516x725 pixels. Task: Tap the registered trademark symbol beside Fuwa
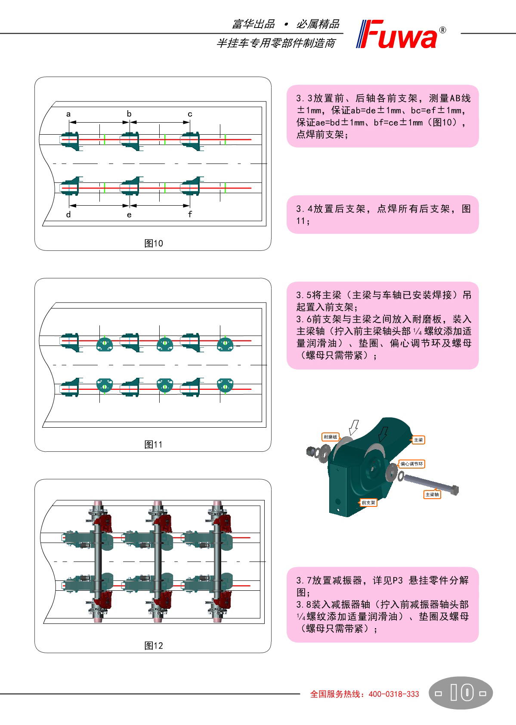point(442,30)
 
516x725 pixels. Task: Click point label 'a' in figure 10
point(68,114)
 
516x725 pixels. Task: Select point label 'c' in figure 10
point(190,114)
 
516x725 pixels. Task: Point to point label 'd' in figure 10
point(68,214)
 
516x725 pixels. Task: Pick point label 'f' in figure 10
point(190,214)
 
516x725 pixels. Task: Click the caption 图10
point(154,243)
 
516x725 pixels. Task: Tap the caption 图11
point(154,444)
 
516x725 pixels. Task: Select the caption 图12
point(154,646)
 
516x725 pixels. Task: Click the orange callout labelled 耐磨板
point(331,437)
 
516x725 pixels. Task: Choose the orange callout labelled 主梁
point(418,440)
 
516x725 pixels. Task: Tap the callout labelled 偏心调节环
point(411,464)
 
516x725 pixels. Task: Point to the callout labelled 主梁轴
point(432,494)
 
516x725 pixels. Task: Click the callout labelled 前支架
point(368,503)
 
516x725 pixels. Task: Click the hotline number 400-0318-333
point(394,694)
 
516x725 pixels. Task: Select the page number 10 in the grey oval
point(462,692)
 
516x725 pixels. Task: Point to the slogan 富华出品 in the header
point(253,24)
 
